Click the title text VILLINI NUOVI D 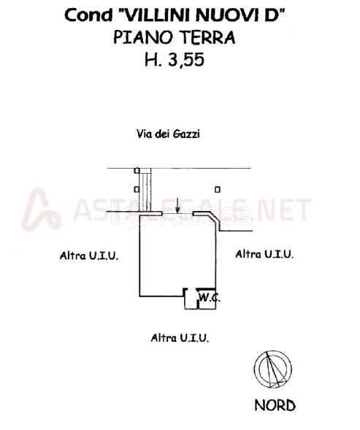pos(202,15)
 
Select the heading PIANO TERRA pos(175,37)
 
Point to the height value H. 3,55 pos(175,60)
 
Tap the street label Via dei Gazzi pos(168,134)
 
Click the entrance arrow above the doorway pos(177,205)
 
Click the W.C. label pos(209,297)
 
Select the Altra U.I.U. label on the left pos(89,256)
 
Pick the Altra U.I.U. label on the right pos(264,254)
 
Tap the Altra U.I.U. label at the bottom pos(180,337)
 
